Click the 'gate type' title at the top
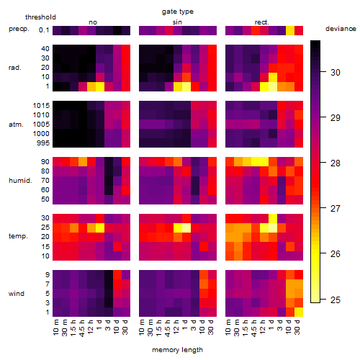(178, 12)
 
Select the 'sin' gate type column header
(177, 22)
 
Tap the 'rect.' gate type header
(261, 22)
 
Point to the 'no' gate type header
(93, 22)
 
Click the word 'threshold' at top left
(40, 17)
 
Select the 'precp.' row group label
(19, 29)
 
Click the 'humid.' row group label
(20, 181)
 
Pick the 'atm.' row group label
(16, 125)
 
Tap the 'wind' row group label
(17, 294)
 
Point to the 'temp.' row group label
(18, 236)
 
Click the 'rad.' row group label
(15, 68)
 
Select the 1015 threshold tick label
(41, 106)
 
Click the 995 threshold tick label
(43, 143)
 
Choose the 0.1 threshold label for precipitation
(44, 30)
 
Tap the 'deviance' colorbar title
(341, 29)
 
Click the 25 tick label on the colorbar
(336, 300)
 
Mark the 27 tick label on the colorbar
(336, 209)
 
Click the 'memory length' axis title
(178, 350)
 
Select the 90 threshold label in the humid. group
(45, 162)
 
